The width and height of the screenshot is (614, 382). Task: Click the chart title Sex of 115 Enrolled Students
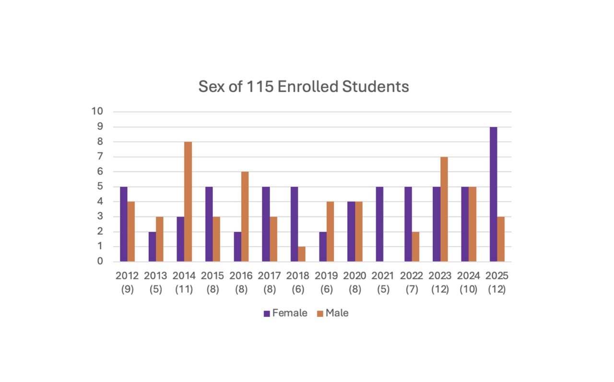coord(304,87)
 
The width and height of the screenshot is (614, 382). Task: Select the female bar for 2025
coord(493,194)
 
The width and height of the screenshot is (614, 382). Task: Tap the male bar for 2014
coord(188,202)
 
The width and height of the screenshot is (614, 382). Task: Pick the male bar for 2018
coord(302,254)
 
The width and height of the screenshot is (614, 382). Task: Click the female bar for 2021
coord(379,224)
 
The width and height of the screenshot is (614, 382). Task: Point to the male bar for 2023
coord(444,209)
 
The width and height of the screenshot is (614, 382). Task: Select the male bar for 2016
coord(245,216)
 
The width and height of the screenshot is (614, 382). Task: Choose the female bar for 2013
coord(152,247)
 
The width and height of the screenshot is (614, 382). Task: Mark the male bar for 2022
coord(415,247)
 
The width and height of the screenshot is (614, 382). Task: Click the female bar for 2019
coord(323,247)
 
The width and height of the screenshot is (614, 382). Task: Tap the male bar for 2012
coord(131,232)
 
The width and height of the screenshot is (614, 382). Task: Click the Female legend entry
coord(285,313)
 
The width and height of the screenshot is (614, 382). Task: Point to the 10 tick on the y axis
coord(97,111)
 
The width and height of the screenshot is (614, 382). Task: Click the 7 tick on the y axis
coord(100,156)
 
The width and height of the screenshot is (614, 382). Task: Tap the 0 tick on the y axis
coord(100,262)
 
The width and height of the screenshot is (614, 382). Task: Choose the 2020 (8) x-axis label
coord(355,283)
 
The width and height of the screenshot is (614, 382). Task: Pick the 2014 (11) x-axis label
coord(184,283)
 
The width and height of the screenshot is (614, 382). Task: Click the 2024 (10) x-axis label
coord(469,283)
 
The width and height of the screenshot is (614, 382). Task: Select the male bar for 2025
coord(501,239)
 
